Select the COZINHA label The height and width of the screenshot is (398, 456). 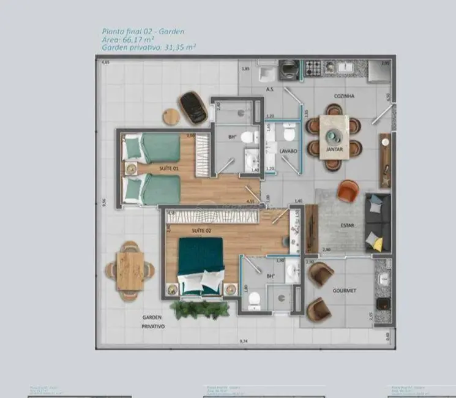click(345, 96)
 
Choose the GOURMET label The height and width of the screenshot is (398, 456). click(345, 290)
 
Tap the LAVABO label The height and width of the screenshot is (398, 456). click(288, 150)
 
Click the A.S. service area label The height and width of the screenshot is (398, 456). click(270, 90)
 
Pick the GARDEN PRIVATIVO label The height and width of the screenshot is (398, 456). click(152, 322)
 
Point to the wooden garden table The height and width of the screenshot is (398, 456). click(130, 269)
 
